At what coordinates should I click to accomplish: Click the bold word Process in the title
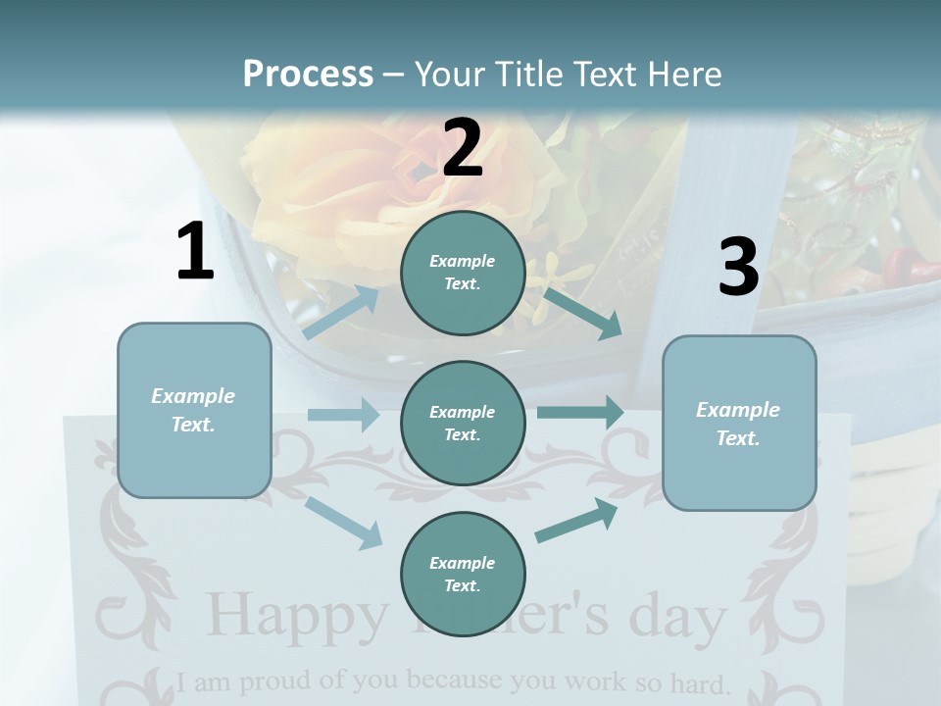pyautogui.click(x=308, y=74)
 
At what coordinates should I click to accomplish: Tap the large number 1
pyautogui.click(x=195, y=252)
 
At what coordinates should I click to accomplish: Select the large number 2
pyautogui.click(x=463, y=148)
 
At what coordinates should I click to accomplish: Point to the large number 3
pyautogui.click(x=738, y=267)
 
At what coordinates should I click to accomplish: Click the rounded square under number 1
pyautogui.click(x=194, y=410)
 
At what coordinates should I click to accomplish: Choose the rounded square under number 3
pyautogui.click(x=739, y=423)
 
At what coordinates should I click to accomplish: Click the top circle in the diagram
pyautogui.click(x=463, y=273)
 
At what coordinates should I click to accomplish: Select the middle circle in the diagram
pyautogui.click(x=463, y=423)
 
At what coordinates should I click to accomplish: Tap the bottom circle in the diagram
pyautogui.click(x=463, y=574)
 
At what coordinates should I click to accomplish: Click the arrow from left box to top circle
pyautogui.click(x=341, y=312)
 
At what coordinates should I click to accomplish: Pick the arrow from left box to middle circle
pyautogui.click(x=343, y=415)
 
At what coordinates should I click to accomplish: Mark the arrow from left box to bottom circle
pyautogui.click(x=344, y=523)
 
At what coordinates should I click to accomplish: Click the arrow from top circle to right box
pyautogui.click(x=582, y=312)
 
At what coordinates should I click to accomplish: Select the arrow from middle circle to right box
pyautogui.click(x=580, y=413)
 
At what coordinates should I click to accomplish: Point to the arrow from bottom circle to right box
pyautogui.click(x=576, y=521)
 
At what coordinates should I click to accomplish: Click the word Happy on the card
pyautogui.click(x=297, y=616)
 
